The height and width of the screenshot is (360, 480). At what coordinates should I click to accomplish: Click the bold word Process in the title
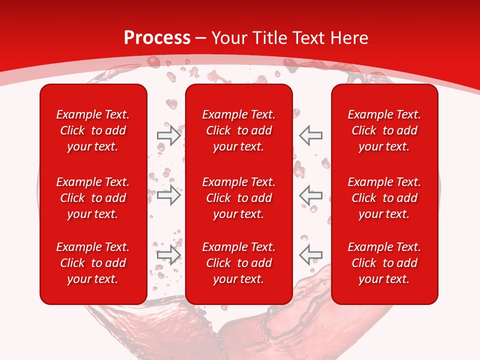click(157, 38)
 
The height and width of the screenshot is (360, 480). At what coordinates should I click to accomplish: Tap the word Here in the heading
click(349, 38)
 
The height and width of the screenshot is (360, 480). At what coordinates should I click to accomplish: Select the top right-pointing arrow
click(168, 135)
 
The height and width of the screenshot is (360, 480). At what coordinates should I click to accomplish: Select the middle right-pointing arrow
click(168, 195)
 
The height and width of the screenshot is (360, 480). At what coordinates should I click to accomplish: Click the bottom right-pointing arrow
click(168, 254)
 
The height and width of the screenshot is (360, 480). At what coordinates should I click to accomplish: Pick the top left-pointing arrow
click(311, 135)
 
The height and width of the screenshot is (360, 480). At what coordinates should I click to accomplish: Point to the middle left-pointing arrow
click(311, 195)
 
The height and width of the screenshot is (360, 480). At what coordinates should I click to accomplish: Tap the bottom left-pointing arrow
click(311, 254)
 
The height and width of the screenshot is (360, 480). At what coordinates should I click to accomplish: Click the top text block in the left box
click(93, 130)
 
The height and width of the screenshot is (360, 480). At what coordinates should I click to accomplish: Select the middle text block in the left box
click(93, 198)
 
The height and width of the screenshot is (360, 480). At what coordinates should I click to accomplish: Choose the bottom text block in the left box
click(93, 263)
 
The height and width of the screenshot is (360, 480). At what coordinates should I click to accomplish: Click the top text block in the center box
click(238, 130)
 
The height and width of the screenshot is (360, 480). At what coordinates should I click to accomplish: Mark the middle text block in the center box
click(238, 198)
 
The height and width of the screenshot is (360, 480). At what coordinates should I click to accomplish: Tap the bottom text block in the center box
click(238, 263)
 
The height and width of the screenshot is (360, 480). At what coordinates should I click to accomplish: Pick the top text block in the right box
click(384, 130)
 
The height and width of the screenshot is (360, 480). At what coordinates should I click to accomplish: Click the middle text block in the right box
click(384, 198)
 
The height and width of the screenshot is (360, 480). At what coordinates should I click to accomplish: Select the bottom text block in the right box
click(384, 263)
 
